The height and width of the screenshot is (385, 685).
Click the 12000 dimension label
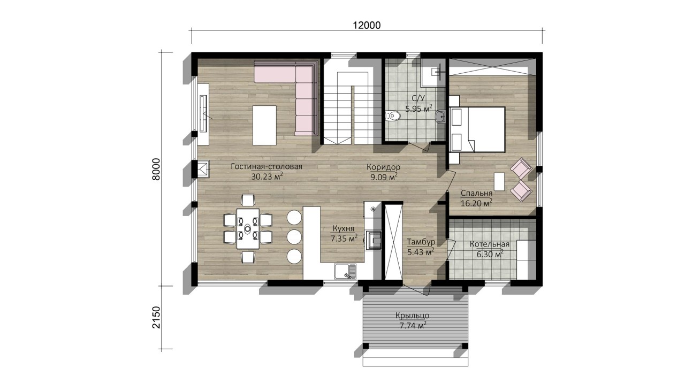click(367, 25)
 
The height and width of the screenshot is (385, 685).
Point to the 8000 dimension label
click(156, 170)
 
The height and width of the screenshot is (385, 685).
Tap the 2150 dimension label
click(156, 317)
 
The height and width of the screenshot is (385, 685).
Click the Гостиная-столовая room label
click(267, 166)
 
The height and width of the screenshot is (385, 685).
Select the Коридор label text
click(384, 167)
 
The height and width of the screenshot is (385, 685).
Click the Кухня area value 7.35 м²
click(344, 238)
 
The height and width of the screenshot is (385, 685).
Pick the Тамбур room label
click(421, 242)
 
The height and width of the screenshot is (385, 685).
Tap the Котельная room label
click(490, 244)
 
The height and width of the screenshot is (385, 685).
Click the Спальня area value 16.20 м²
click(476, 203)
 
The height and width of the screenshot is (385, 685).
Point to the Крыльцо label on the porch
click(412, 315)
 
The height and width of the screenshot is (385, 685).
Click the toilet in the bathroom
click(393, 116)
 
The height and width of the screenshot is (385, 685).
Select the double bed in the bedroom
click(477, 129)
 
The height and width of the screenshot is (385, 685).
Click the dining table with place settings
click(248, 228)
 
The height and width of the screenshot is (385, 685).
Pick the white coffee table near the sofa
click(264, 125)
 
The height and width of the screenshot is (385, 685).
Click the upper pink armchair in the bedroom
click(521, 168)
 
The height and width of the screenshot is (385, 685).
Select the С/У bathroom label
click(418, 98)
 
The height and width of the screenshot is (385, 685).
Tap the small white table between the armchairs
click(499, 182)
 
